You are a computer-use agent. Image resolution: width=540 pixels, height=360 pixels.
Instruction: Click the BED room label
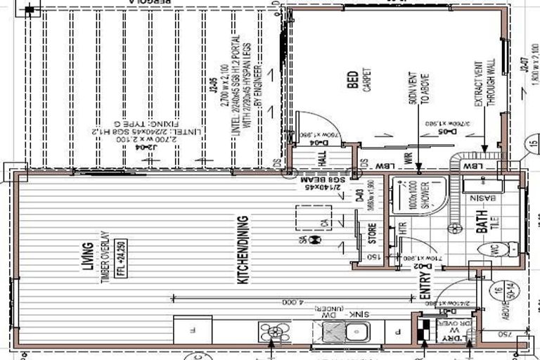pyautogui.click(x=352, y=84)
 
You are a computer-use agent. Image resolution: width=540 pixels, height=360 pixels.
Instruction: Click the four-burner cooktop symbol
pyautogui.click(x=274, y=332)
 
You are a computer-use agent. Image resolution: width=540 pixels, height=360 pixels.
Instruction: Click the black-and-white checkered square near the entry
pyautogui.click(x=423, y=331)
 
